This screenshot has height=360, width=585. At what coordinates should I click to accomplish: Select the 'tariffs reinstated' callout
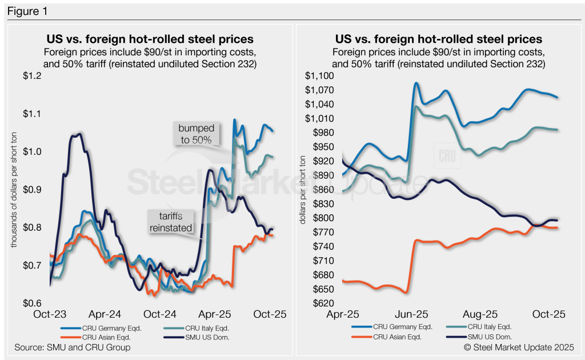(x=170, y=221)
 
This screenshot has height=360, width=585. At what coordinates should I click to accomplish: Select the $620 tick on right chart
(x=322, y=303)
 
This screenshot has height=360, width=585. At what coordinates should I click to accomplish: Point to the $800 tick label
(x=322, y=218)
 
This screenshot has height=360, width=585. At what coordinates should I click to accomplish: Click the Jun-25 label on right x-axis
(x=412, y=314)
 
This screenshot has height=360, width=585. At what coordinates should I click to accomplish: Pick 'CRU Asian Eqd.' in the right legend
(x=399, y=337)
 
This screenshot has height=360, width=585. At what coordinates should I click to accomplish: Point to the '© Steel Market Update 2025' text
(x=519, y=347)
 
